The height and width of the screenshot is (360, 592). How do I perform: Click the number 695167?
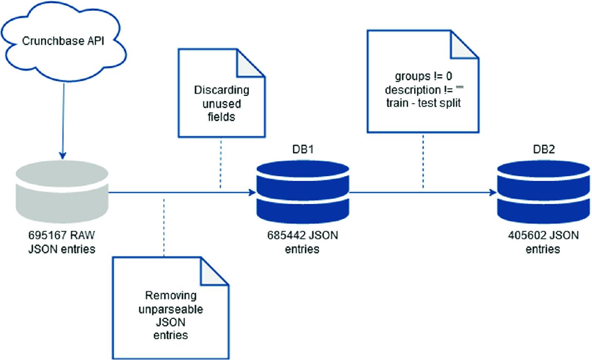click(x=47, y=235)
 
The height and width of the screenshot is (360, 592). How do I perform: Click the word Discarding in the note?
click(x=221, y=90)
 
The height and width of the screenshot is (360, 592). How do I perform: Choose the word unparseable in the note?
click(x=171, y=309)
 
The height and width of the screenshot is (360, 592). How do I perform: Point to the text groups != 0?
click(x=423, y=76)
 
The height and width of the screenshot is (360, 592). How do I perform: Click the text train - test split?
click(x=423, y=103)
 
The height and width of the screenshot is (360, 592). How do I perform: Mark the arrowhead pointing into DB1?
click(x=252, y=192)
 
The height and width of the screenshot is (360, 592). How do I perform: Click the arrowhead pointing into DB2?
click(x=493, y=192)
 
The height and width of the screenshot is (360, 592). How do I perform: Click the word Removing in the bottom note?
click(x=171, y=296)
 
